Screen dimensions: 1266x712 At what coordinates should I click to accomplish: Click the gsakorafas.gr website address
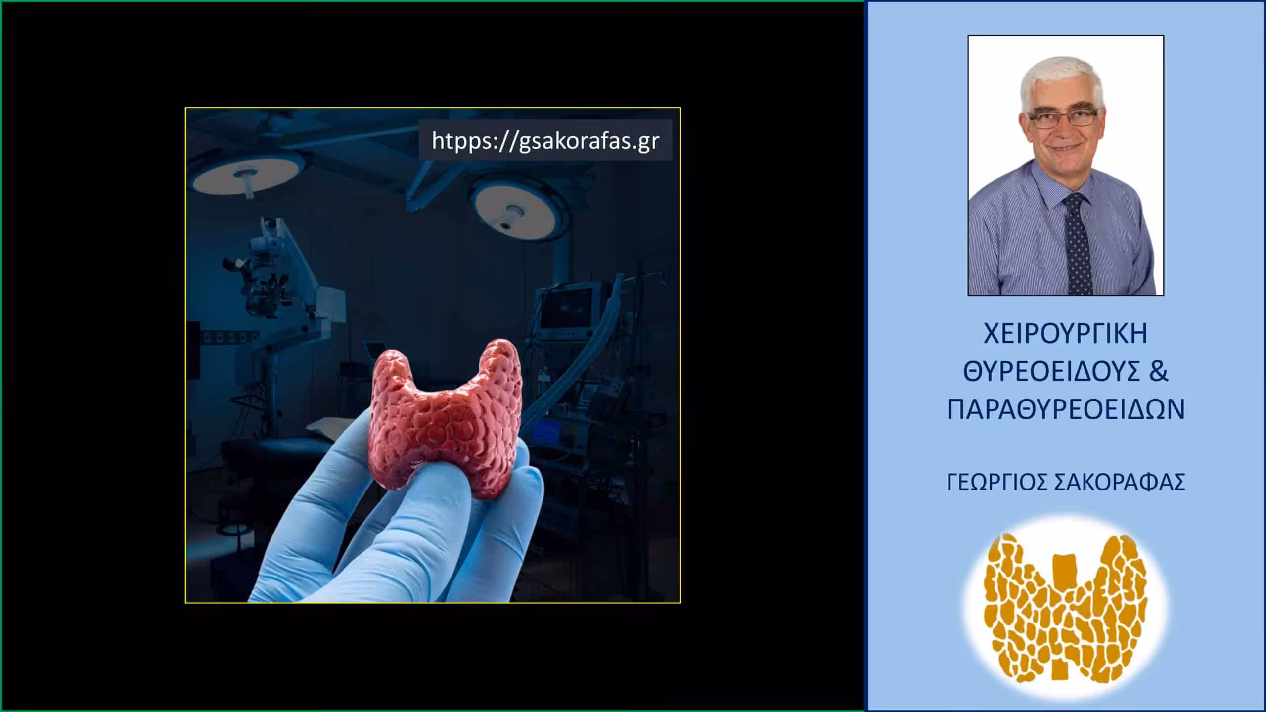point(545,140)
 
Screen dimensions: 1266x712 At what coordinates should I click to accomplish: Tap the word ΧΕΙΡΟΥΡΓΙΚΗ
point(1066,334)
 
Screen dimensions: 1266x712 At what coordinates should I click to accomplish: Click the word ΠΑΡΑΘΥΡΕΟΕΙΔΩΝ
point(1066,410)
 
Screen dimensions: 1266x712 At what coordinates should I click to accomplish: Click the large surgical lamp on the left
point(247,173)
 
